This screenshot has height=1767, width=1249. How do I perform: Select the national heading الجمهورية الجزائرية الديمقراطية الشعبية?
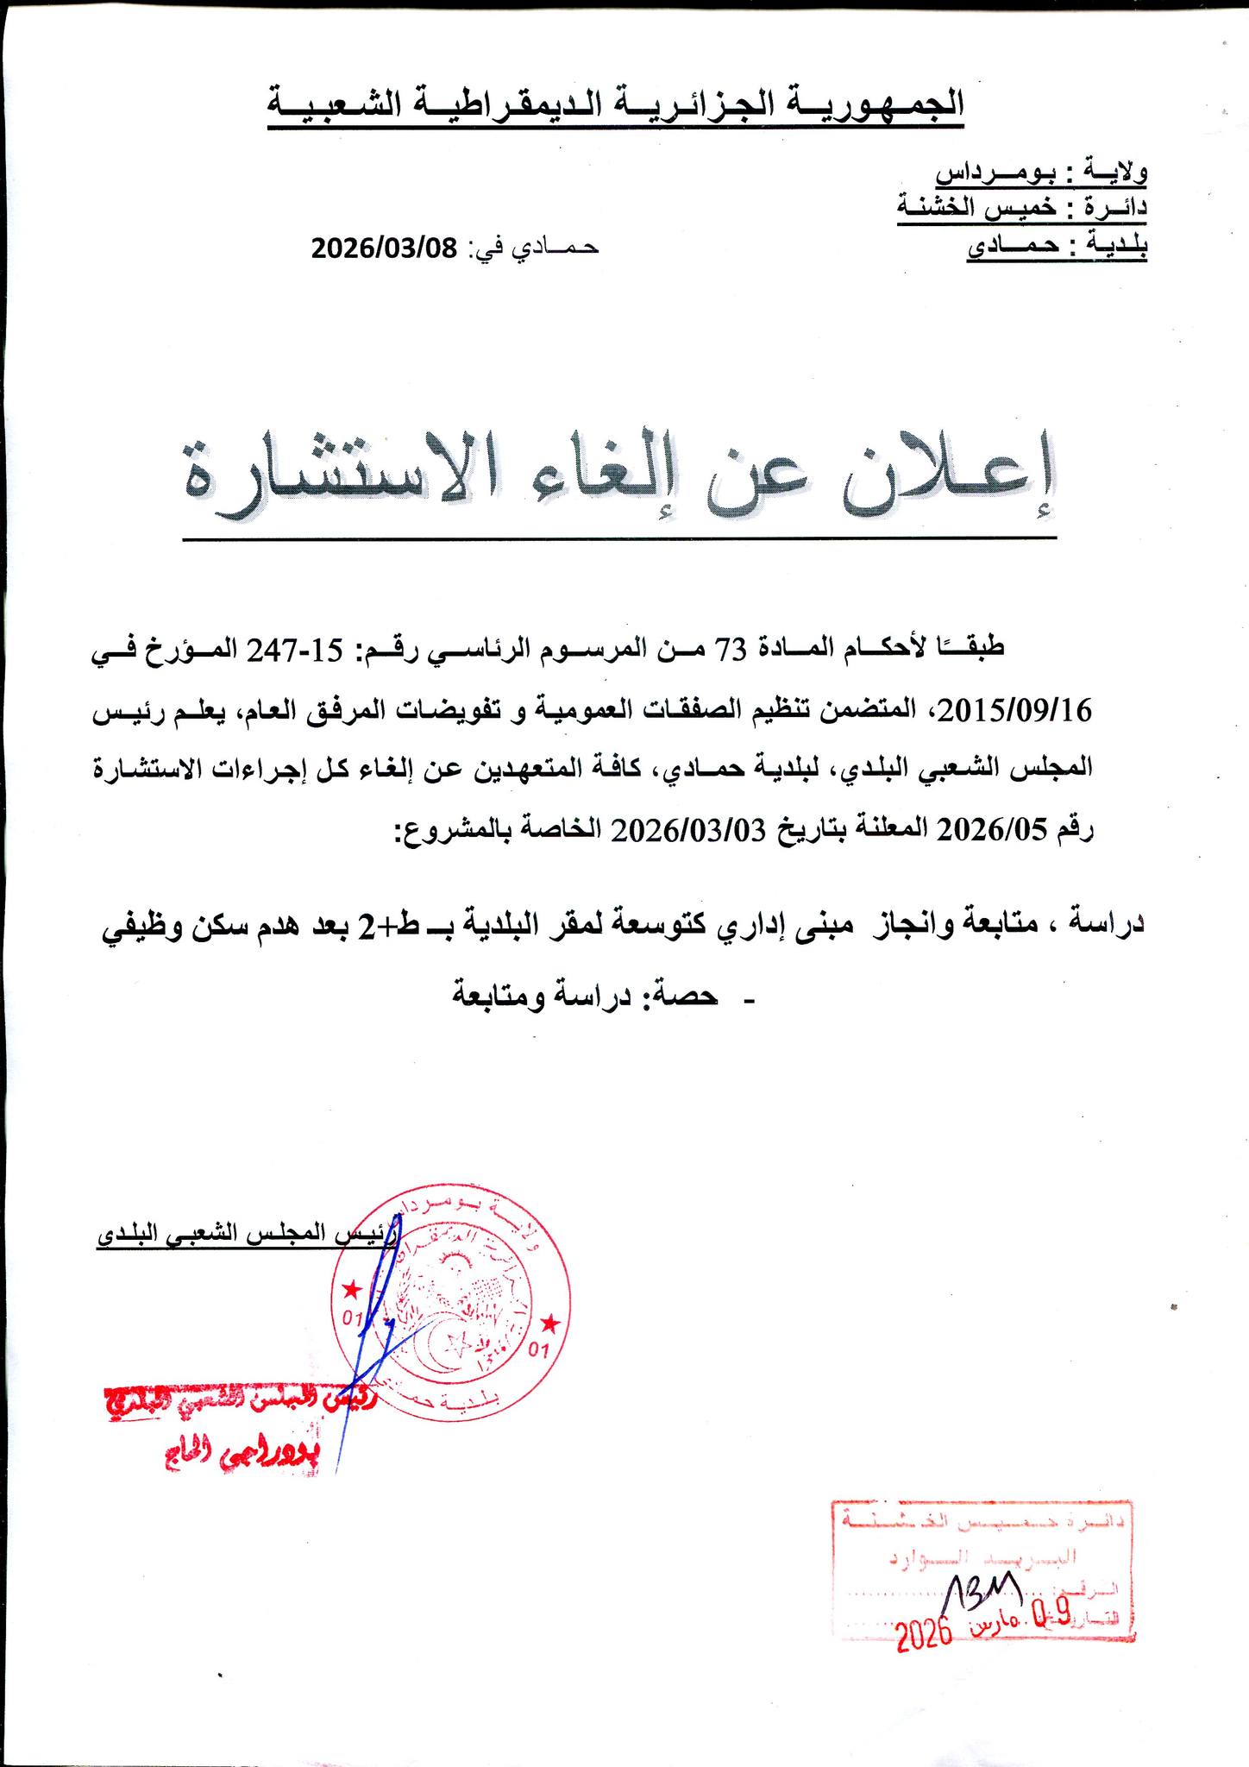(615, 107)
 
